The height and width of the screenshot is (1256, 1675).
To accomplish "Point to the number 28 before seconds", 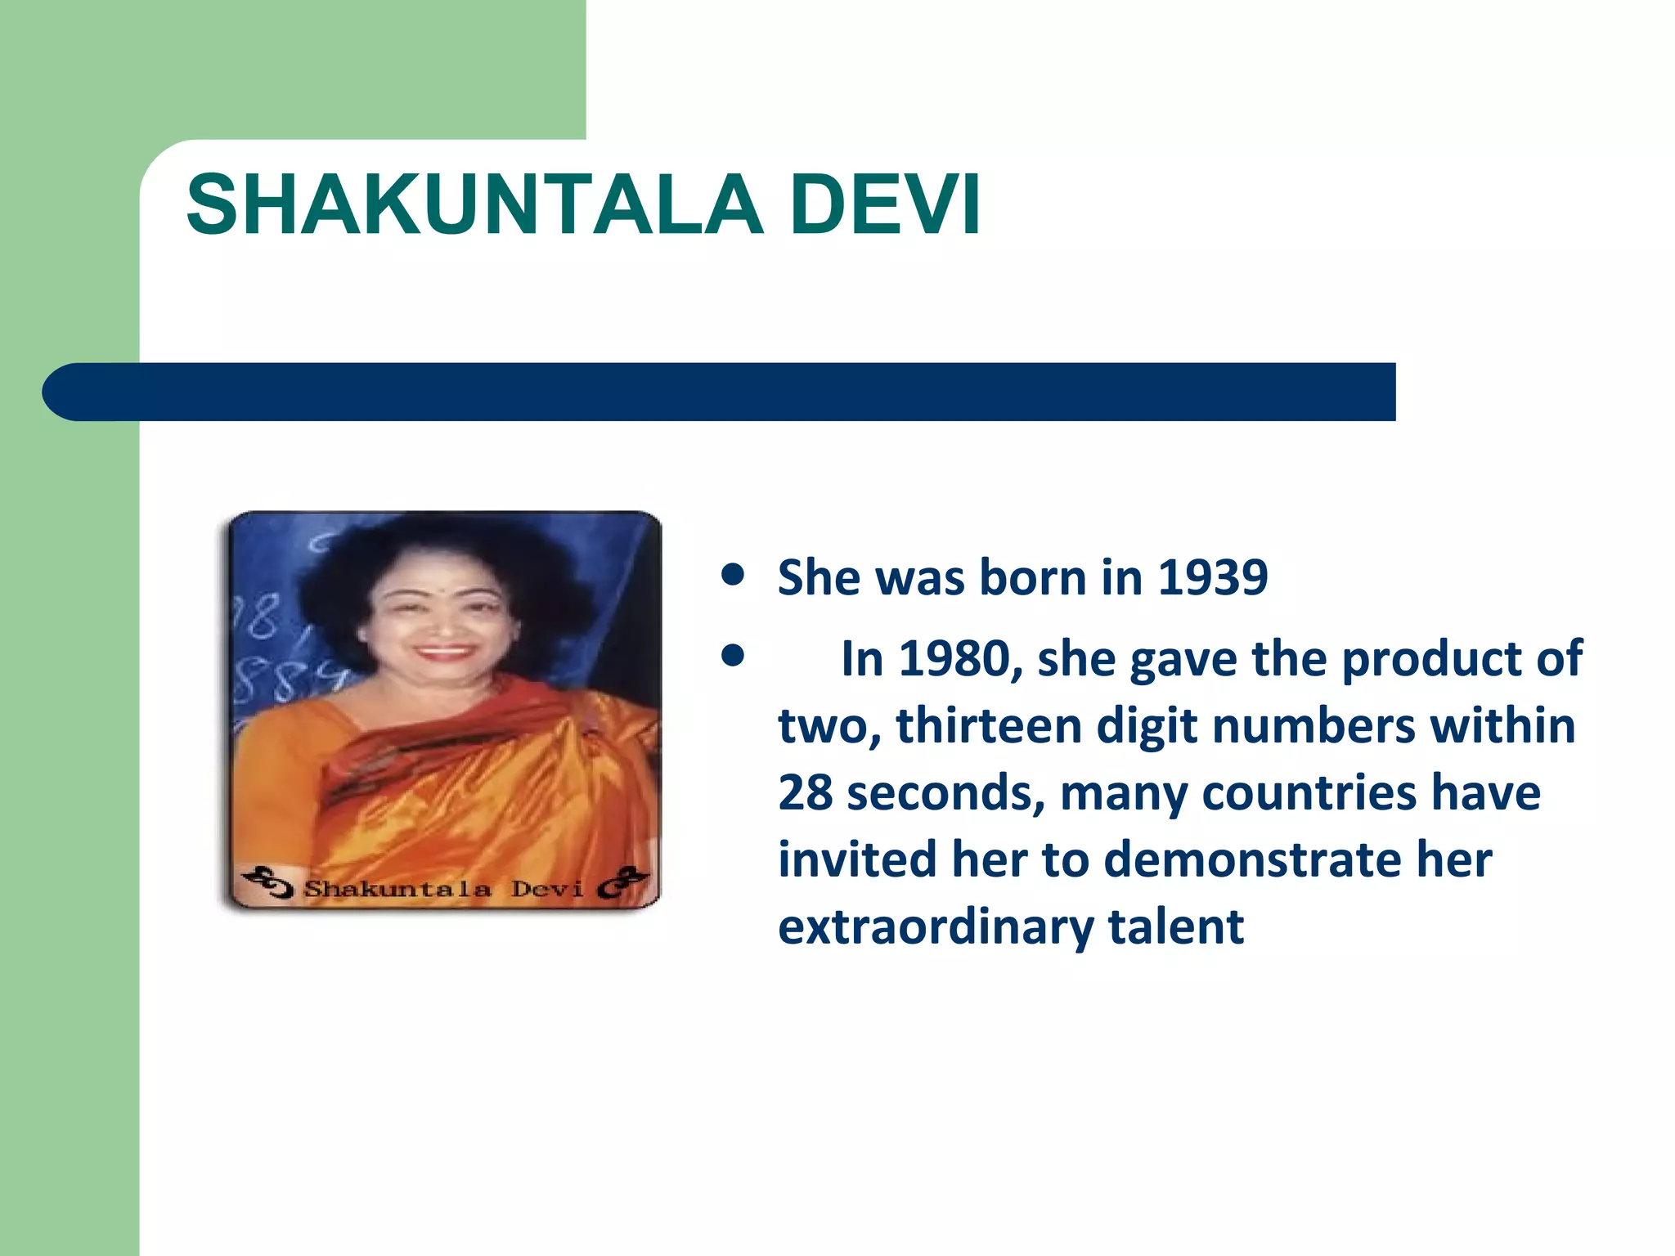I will (805, 793).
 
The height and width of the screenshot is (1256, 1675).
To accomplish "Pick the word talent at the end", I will (1176, 927).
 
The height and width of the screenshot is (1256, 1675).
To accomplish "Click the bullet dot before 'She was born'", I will (734, 576).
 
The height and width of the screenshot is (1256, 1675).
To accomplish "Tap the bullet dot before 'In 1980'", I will (734, 656).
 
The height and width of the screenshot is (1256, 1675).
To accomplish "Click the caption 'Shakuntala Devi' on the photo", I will (443, 889).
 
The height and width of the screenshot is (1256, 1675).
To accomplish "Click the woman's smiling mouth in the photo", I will (442, 653).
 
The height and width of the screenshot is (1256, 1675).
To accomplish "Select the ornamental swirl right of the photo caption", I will (623, 883).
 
